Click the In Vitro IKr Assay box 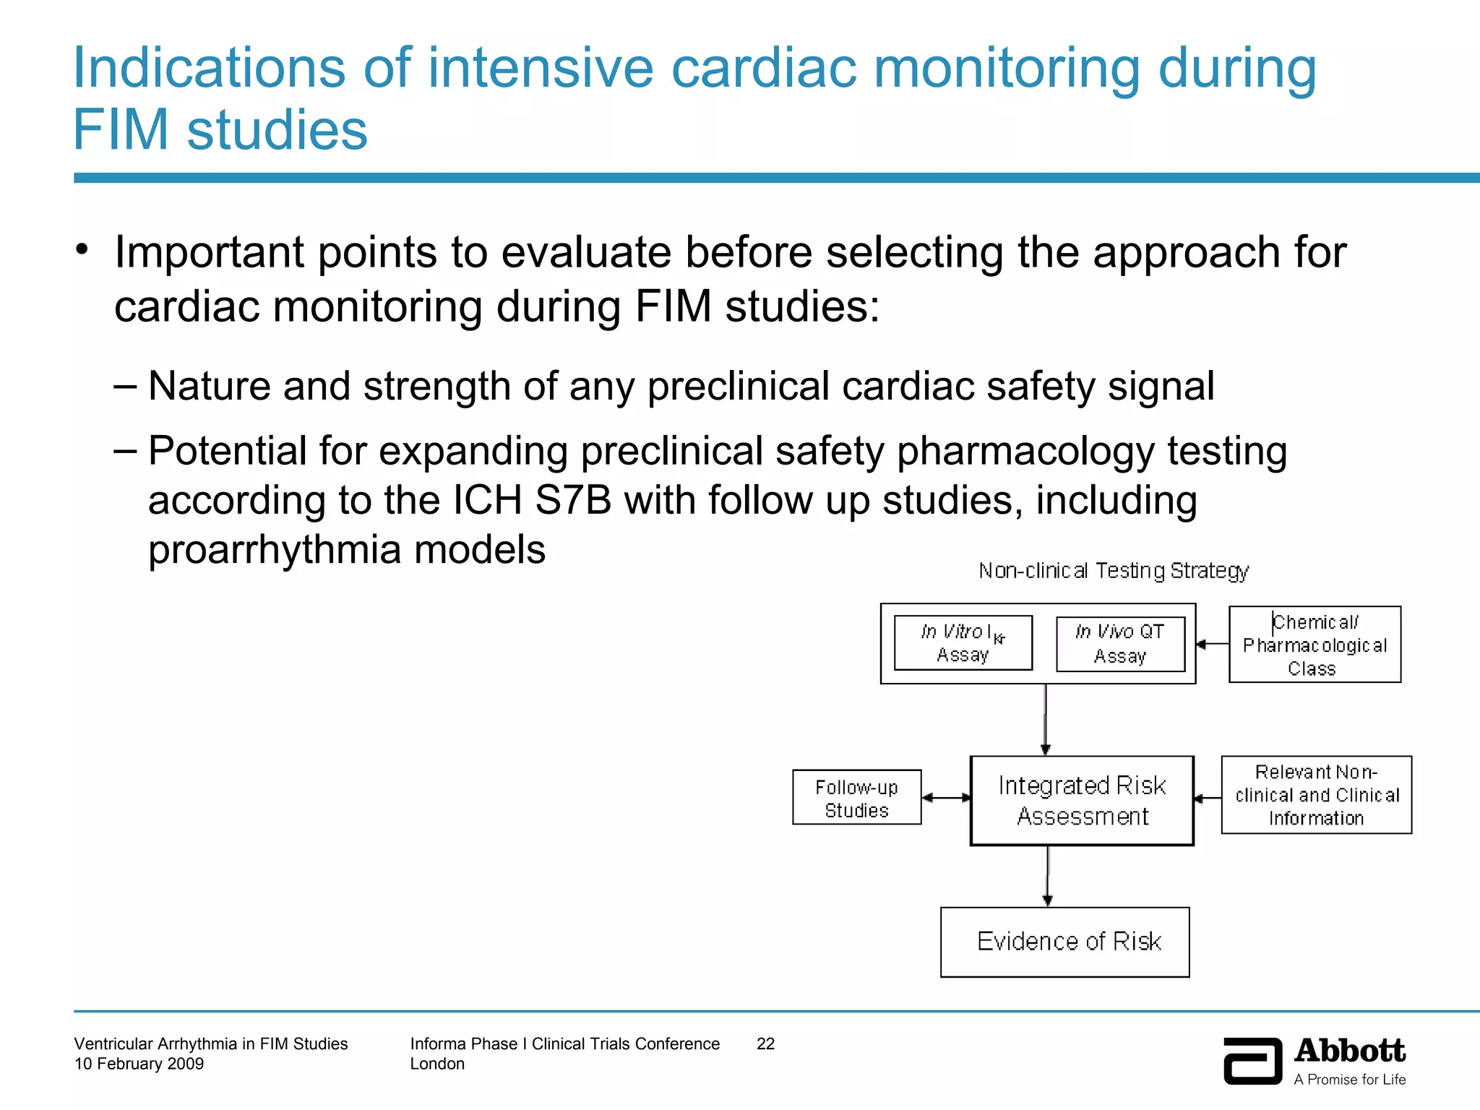[963, 642]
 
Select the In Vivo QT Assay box [1119, 643]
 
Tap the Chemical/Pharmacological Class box [1314, 645]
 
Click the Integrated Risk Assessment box [1081, 801]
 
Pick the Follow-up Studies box [856, 798]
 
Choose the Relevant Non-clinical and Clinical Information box [1316, 795]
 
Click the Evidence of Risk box [1064, 942]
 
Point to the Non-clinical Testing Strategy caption [1113, 571]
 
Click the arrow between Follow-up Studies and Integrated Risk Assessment [946, 798]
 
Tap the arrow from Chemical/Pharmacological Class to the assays [1212, 644]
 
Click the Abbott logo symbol [1252, 1061]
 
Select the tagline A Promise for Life [1349, 1080]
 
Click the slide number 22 [765, 1044]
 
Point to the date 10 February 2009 [139, 1064]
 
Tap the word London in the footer [437, 1064]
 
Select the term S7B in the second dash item [573, 500]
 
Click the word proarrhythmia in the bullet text [274, 551]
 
